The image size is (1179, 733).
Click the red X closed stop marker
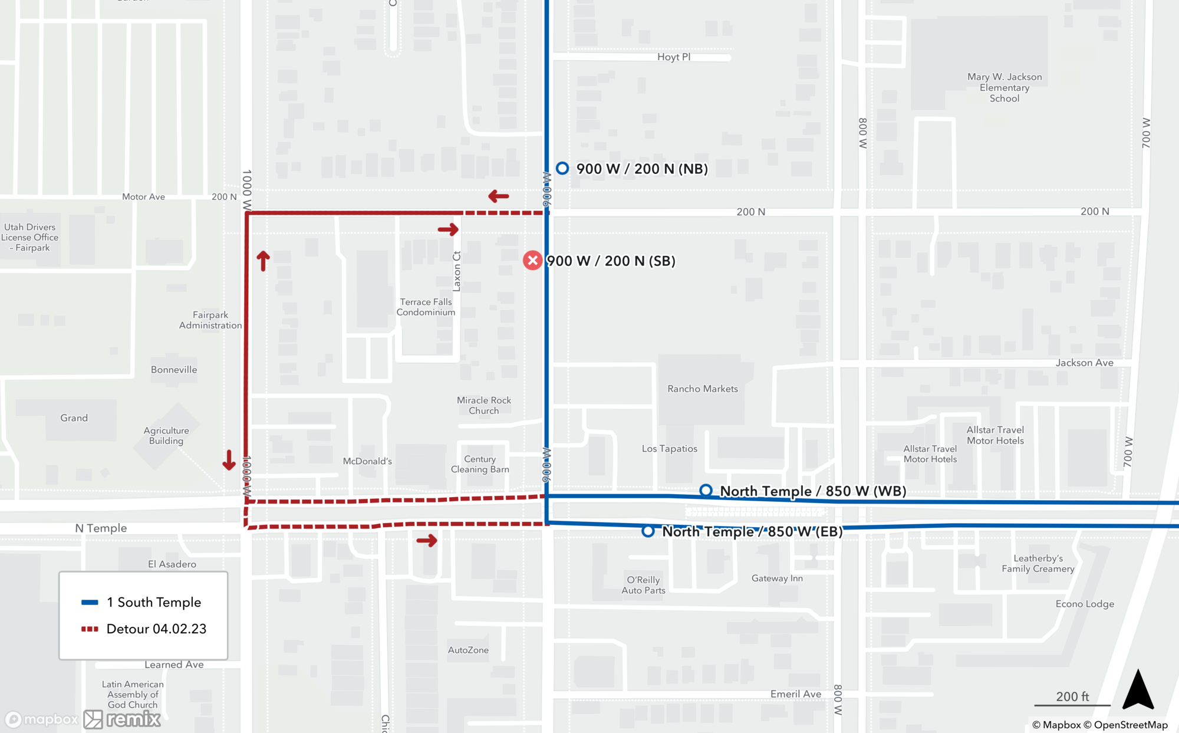click(x=532, y=261)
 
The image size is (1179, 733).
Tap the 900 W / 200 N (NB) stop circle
click(x=562, y=169)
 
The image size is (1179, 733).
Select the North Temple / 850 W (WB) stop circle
click(x=706, y=491)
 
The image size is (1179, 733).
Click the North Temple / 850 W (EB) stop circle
click(x=648, y=531)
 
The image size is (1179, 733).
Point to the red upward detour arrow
click(x=263, y=260)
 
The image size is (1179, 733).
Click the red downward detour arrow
click(x=229, y=460)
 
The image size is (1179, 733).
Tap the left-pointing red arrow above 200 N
click(x=499, y=196)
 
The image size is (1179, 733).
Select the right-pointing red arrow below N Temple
click(x=427, y=540)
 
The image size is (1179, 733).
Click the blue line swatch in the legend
click(x=90, y=602)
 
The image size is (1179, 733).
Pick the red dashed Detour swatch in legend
click(x=90, y=629)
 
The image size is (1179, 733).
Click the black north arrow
click(x=1138, y=689)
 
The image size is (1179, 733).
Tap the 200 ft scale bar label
click(x=1072, y=696)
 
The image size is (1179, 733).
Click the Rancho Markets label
click(x=703, y=389)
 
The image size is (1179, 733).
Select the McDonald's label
click(x=367, y=461)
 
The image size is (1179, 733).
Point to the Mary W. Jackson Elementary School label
click(x=1005, y=87)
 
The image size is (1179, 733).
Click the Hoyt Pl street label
click(x=674, y=57)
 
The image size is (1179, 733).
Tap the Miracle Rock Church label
click(x=484, y=405)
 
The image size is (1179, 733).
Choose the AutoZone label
click(x=468, y=650)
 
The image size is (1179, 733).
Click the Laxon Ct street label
click(x=456, y=271)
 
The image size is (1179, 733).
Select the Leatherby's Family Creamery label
click(x=1038, y=563)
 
